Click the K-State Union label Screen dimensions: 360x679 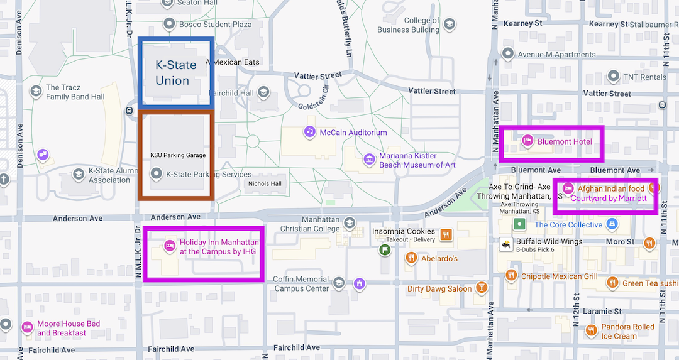pyautogui.click(x=175, y=72)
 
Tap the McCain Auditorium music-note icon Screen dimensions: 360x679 pyautogui.click(x=309, y=132)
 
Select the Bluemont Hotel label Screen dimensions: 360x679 pyautogui.click(x=564, y=141)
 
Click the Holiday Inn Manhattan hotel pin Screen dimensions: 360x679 pyautogui.click(x=169, y=246)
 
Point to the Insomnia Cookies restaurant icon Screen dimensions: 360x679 pyautogui.click(x=446, y=235)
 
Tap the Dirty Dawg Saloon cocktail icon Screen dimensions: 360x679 pyautogui.click(x=481, y=288)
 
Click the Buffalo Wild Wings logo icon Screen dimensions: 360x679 pyautogui.click(x=504, y=244)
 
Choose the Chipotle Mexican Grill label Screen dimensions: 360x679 pyautogui.click(x=559, y=276)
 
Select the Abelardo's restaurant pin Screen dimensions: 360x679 pyautogui.click(x=411, y=258)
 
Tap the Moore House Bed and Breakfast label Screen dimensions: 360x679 pyautogui.click(x=68, y=329)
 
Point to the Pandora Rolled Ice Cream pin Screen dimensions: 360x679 pyautogui.click(x=590, y=330)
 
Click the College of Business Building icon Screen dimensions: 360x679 pyautogui.click(x=449, y=25)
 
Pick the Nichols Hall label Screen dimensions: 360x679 pyautogui.click(x=265, y=184)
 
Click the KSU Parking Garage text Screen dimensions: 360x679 pyautogui.click(x=178, y=155)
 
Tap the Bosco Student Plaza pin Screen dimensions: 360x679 pyautogui.click(x=168, y=24)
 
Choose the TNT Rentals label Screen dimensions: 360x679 pyautogui.click(x=644, y=77)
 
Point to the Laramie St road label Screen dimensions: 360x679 pyautogui.click(x=602, y=311)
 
